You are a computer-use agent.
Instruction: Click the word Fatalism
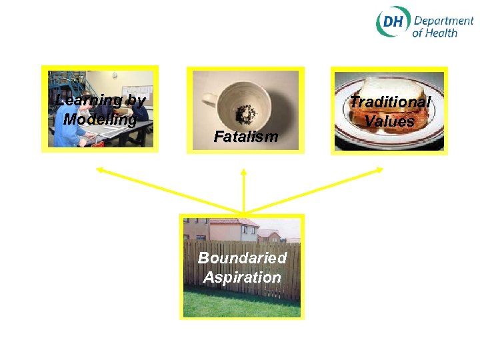pos(245,137)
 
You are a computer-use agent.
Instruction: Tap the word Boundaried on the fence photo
pos(242,258)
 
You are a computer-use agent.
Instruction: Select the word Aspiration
pos(242,277)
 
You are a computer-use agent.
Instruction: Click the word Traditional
pos(390,102)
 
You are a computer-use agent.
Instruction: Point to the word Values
pos(390,121)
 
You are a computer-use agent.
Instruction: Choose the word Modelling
pos(100,120)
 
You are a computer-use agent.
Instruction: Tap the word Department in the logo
pos(443,21)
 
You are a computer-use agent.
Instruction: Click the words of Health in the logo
pos(434,33)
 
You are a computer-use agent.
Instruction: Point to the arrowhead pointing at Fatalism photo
pos(244,172)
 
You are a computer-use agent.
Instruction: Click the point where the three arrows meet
pos(244,213)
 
